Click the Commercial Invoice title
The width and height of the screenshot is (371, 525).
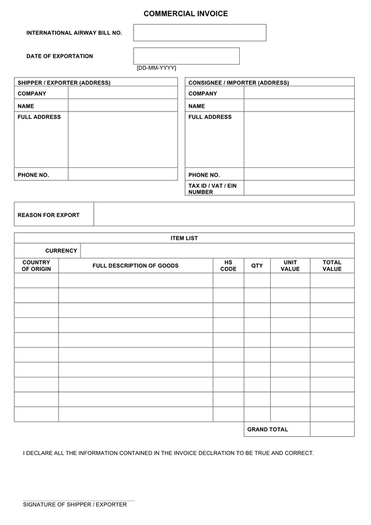click(185, 13)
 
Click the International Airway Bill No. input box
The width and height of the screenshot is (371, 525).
click(199, 33)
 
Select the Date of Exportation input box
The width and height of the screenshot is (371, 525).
click(186, 56)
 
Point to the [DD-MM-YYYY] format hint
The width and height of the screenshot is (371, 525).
click(156, 68)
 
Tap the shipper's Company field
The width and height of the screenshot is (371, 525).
click(123, 93)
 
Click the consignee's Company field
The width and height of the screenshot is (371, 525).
click(299, 93)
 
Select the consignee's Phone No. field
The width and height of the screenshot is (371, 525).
click(299, 174)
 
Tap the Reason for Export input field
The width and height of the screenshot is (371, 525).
click(223, 214)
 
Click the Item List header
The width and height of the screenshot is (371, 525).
click(184, 238)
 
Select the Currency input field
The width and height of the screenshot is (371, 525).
click(217, 251)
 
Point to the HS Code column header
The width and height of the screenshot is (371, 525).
click(228, 266)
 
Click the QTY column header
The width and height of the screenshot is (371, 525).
click(257, 266)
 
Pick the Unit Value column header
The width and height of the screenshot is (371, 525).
click(290, 266)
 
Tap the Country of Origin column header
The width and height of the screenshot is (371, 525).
click(36, 266)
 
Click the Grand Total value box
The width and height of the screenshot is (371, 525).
click(332, 429)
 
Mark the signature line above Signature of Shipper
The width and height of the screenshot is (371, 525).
click(79, 500)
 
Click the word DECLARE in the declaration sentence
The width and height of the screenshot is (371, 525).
click(39, 453)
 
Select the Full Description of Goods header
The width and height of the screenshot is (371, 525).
click(135, 266)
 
